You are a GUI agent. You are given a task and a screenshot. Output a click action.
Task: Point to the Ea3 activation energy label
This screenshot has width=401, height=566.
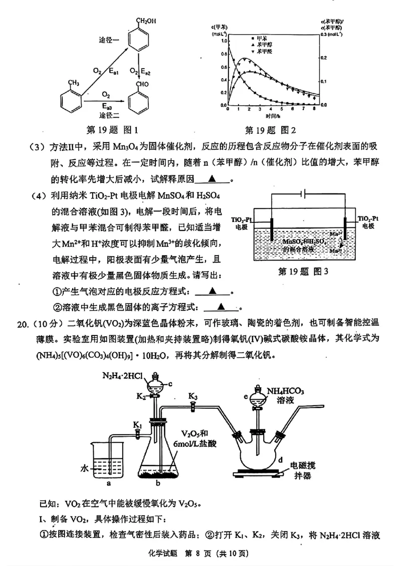coord(107,106)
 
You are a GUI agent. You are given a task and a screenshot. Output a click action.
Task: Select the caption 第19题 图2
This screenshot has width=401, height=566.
coord(271,130)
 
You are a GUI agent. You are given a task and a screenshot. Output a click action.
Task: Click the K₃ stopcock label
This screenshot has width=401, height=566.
coord(193,396)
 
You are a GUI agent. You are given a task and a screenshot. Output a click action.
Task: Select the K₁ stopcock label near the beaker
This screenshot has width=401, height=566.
coord(137,425)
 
